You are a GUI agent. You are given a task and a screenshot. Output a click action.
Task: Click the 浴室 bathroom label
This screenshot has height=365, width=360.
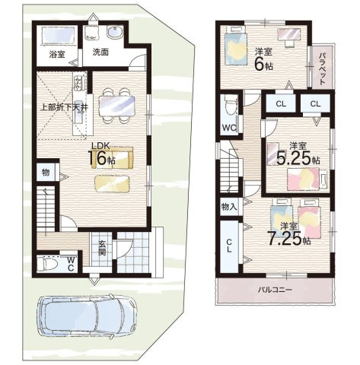pos(57,54)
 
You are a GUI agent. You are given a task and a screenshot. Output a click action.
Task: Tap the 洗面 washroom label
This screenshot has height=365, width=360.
pos(100,52)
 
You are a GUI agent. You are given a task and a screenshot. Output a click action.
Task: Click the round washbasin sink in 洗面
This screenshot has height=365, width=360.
pos(115,32)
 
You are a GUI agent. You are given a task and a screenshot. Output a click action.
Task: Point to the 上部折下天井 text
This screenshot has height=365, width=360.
pos(64,107)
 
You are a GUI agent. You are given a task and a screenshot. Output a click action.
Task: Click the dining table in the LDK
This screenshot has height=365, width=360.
pos(116,106)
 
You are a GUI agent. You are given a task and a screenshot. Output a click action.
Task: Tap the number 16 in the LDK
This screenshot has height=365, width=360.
pos(97,159)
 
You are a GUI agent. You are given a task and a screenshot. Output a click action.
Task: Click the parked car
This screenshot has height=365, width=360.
pos(87,316)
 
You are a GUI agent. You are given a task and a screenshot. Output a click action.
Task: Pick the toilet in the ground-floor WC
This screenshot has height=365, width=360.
pos(47,264)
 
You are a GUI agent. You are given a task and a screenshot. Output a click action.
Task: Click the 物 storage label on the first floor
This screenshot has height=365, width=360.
pos(46,173)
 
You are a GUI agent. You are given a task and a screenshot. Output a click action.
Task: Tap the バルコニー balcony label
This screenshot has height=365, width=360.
pos(275,290)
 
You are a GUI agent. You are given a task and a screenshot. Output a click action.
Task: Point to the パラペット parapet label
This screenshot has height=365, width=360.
pos(322,68)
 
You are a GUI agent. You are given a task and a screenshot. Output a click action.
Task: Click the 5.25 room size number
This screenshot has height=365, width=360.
pos(293,158)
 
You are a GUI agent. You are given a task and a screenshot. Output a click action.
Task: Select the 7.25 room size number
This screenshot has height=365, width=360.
pos(285,239)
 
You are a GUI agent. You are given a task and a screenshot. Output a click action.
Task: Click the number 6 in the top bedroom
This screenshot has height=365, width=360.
pos(260,65)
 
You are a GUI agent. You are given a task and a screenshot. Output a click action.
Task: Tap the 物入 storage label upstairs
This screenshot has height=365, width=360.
pos(229,207)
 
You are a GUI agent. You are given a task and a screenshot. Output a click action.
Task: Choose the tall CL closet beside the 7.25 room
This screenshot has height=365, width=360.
pos(229,246)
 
